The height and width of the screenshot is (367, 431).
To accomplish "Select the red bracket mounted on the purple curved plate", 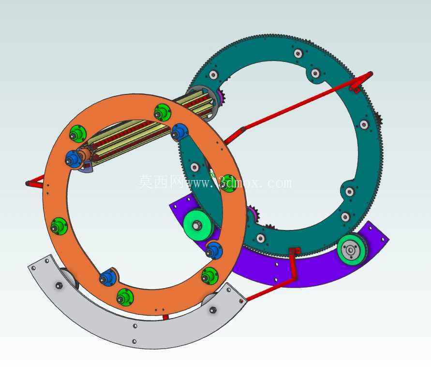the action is (294, 263).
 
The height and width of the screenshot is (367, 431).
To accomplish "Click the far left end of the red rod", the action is (27, 183).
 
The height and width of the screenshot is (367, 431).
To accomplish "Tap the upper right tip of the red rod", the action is (371, 74).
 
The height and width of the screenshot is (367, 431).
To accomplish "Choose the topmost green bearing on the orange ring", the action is (162, 112).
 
